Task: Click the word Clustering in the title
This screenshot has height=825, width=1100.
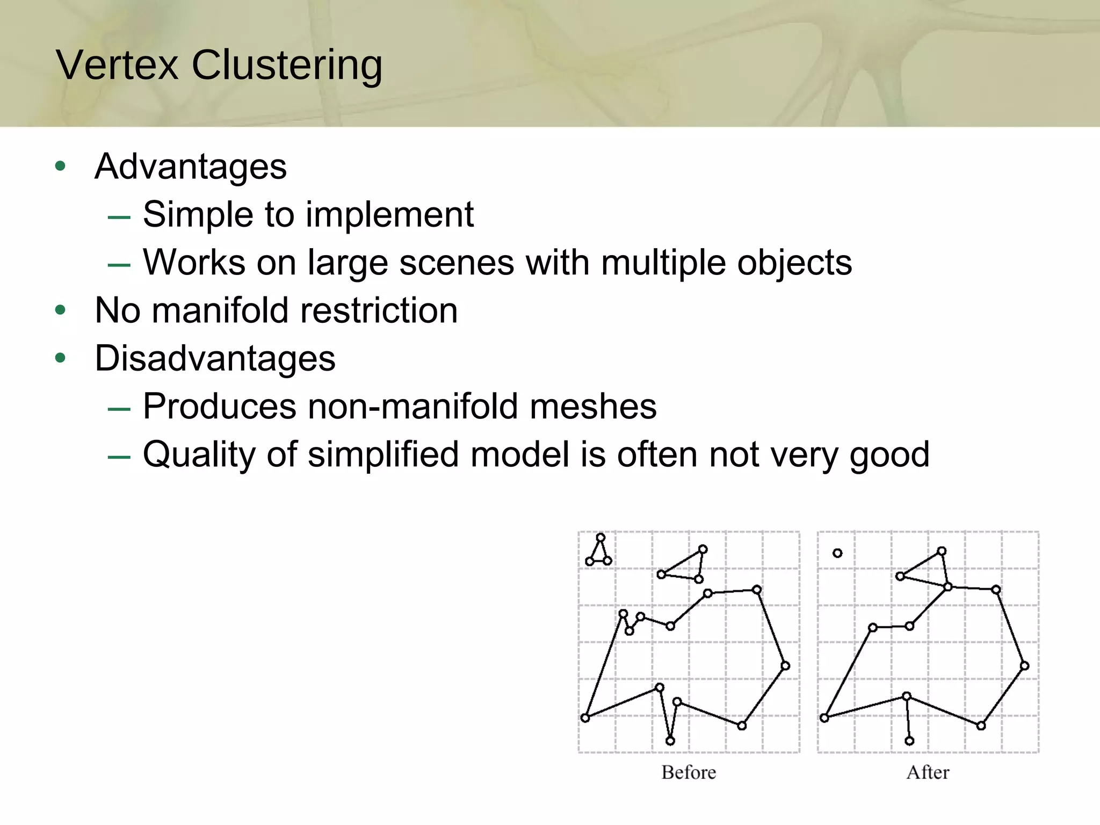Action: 287,66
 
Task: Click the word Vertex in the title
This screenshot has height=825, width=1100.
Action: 117,66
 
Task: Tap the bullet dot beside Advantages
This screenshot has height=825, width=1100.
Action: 60,166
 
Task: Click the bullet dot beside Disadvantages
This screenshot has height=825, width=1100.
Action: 60,358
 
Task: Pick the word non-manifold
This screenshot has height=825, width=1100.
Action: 412,406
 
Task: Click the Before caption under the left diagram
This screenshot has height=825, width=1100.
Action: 689,772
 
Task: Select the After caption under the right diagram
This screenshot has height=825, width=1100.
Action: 928,772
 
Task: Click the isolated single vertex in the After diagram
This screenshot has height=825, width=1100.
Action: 837,553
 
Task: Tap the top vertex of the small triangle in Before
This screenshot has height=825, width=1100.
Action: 600,537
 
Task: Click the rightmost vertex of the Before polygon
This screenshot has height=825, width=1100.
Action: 785,665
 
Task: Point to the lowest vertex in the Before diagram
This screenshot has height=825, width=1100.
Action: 670,741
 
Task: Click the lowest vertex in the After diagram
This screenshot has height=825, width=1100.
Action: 909,741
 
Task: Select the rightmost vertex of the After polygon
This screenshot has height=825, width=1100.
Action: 1024,665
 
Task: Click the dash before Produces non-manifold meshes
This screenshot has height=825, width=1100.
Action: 119,410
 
